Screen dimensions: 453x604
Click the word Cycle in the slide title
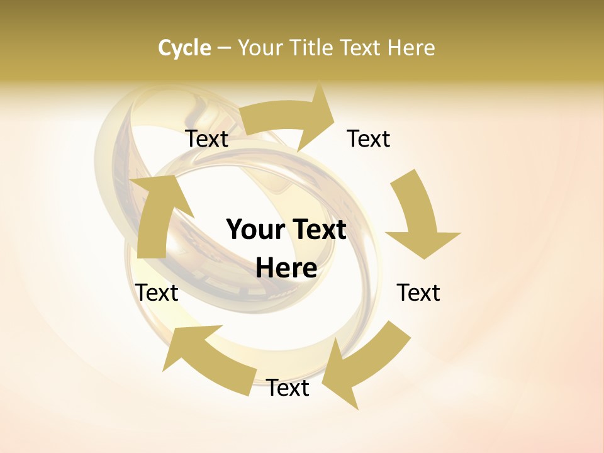(184, 48)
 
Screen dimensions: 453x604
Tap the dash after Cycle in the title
(224, 48)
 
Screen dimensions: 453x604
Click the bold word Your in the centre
(257, 230)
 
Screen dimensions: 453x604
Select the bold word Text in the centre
(318, 230)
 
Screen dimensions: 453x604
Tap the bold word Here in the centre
(286, 268)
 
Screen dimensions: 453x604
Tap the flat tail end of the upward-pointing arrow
(151, 252)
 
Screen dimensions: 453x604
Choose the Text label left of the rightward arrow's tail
(206, 138)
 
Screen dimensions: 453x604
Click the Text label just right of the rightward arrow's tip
(369, 138)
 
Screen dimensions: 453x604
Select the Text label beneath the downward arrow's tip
(418, 293)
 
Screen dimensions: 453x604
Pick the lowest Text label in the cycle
(288, 388)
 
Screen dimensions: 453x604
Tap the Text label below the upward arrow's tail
(157, 293)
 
